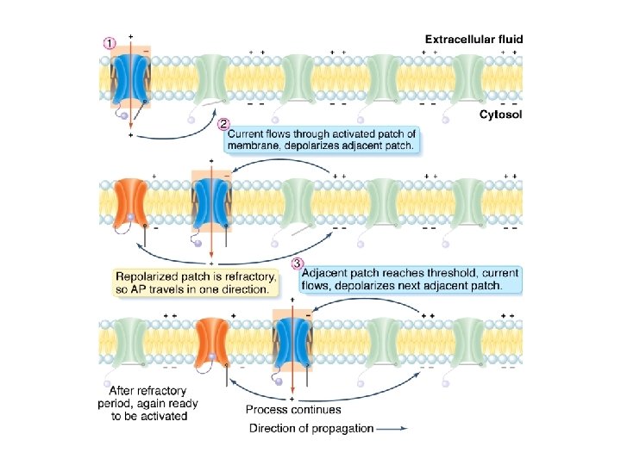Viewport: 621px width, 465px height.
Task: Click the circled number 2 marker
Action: click(x=224, y=123)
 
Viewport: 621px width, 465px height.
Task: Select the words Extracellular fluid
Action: click(x=474, y=39)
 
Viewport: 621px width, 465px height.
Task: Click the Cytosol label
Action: click(x=501, y=113)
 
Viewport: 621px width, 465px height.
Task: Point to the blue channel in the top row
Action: click(x=130, y=77)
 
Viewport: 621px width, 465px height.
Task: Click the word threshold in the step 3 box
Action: click(x=431, y=272)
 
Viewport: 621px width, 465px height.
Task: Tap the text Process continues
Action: click(x=293, y=410)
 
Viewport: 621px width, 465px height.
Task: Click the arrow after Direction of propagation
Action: click(x=392, y=428)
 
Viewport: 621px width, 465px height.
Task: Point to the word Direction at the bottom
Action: click(x=273, y=428)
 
